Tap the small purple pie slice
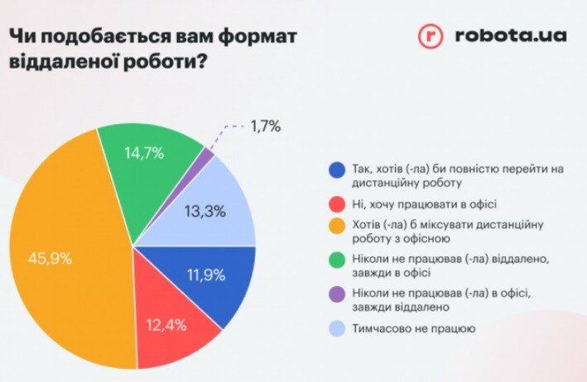(207, 153)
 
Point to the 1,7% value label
(265, 127)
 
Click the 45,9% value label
(50, 258)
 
